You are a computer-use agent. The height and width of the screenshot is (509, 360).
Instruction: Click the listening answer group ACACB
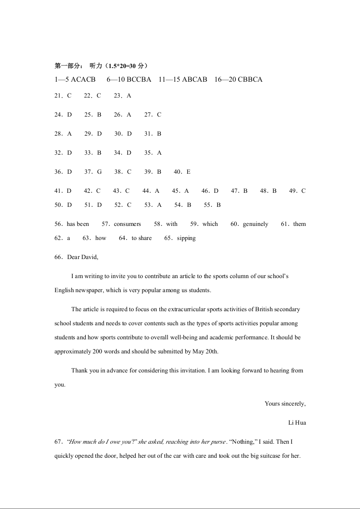83,79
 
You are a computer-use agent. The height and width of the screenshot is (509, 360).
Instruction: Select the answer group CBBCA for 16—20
250,79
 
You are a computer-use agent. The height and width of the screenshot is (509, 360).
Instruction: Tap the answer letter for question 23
129,96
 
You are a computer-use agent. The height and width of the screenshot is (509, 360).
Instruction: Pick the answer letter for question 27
159,115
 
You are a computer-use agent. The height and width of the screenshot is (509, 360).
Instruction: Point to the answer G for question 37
99,172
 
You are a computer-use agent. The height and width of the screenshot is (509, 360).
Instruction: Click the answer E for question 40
188,172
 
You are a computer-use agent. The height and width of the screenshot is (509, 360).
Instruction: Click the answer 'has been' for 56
78,224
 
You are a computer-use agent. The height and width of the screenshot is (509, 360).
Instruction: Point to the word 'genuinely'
255,224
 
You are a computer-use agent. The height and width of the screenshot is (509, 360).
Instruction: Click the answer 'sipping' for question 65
186,238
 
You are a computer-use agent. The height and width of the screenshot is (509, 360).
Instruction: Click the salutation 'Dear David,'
83,257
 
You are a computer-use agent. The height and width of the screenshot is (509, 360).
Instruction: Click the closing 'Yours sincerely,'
285,404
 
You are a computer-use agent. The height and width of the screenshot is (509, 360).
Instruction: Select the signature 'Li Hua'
297,423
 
